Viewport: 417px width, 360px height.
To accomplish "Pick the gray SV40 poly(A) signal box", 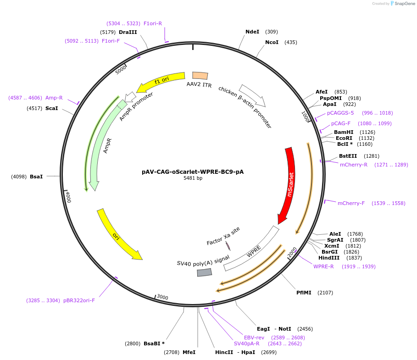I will tap(205, 272).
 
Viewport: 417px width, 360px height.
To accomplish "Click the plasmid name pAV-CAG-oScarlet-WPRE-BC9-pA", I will tap(193, 172).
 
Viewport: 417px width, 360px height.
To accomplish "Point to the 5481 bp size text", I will tap(193, 178).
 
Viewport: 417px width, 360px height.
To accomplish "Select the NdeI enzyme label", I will tap(252, 32).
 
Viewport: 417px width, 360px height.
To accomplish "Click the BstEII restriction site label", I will tap(348, 156).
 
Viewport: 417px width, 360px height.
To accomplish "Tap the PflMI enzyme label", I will tap(304, 293).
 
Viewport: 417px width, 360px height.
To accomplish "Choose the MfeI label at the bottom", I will tap(189, 352).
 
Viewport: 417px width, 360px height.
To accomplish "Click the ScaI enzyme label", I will tap(51, 108).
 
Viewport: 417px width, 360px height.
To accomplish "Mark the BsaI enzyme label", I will tap(36, 176).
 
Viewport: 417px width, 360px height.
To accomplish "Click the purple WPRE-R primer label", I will tap(323, 266).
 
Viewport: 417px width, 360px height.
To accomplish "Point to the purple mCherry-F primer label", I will tap(351, 203).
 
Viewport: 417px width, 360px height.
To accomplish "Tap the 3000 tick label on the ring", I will tap(163, 297).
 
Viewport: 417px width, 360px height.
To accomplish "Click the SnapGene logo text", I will tap(404, 3).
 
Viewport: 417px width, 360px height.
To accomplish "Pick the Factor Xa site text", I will tap(223, 236).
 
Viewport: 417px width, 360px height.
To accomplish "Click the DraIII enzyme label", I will tap(128, 32).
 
